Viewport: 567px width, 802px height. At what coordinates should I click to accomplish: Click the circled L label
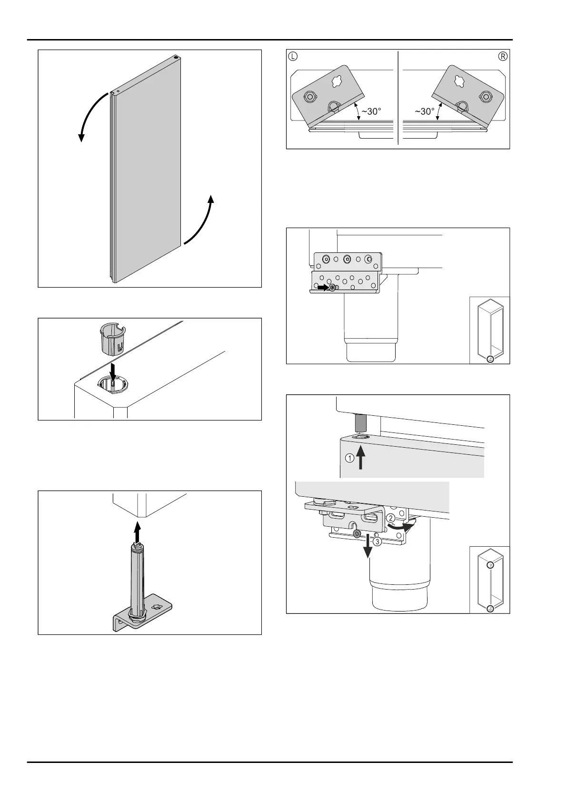click(293, 56)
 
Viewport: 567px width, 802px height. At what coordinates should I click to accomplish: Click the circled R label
click(503, 56)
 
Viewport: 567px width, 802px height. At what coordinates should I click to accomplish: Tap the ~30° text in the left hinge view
click(371, 111)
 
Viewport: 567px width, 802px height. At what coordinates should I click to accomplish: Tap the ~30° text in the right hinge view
click(424, 111)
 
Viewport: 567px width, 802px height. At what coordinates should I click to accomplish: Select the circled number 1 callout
click(349, 458)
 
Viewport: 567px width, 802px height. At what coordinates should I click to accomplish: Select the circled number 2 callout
click(390, 518)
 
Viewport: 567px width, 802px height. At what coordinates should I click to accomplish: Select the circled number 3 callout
click(377, 541)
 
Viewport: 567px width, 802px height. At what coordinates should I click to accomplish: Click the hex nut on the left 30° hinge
click(310, 97)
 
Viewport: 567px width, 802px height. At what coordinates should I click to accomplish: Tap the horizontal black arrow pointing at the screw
click(324, 288)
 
